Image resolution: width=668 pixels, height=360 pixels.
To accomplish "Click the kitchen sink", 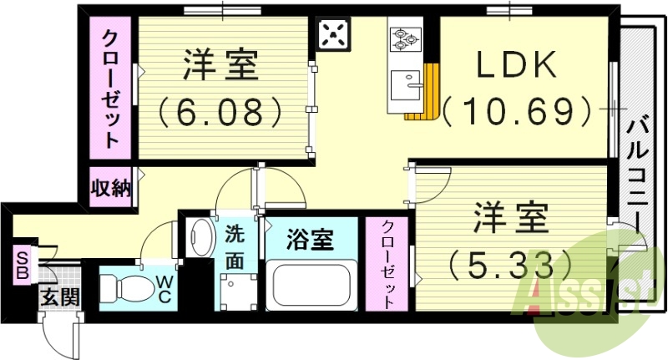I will (406, 84).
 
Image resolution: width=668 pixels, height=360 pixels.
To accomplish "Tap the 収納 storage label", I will (111, 188).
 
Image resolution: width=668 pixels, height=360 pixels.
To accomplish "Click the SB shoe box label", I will (19, 265).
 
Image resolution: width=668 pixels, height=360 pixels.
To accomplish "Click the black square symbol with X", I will (335, 36).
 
